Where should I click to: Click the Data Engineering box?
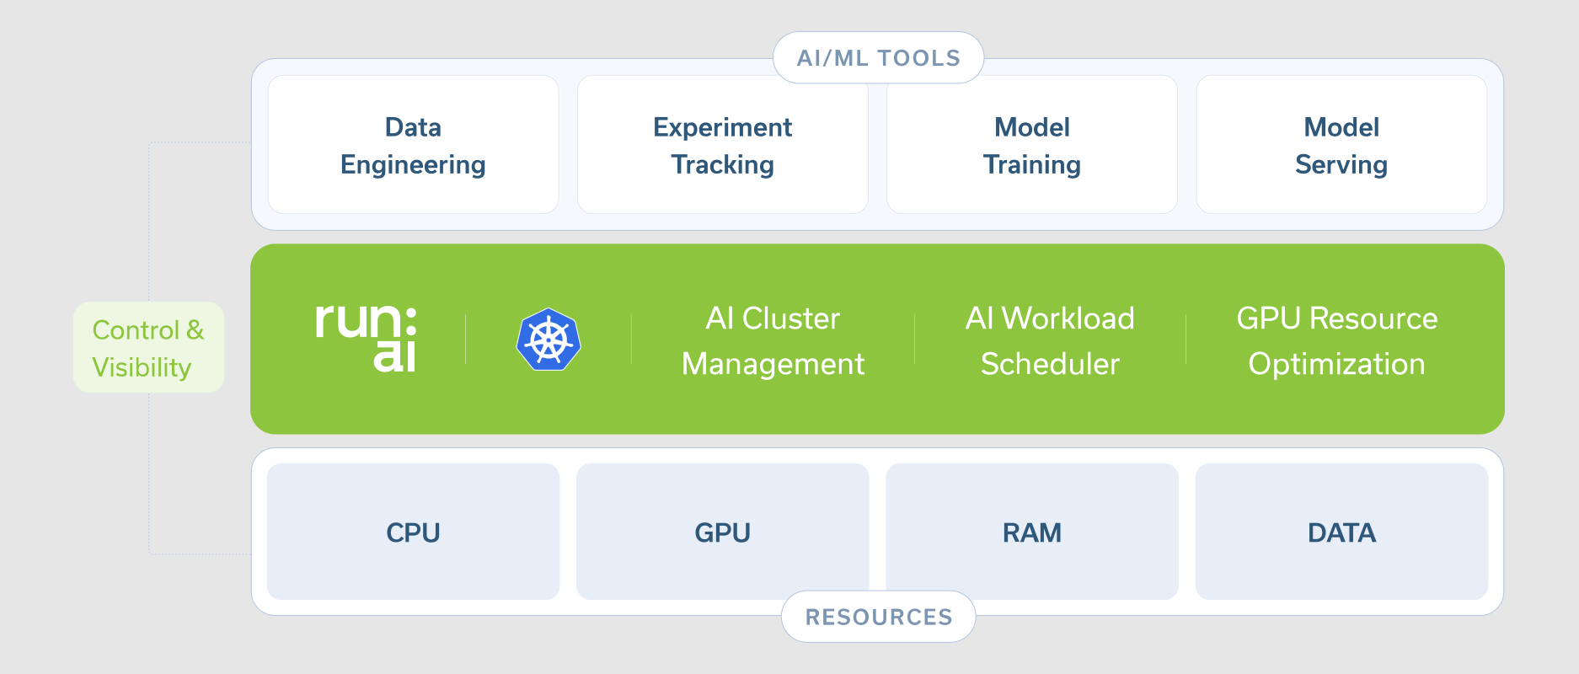click(x=413, y=144)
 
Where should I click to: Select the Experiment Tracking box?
click(x=722, y=144)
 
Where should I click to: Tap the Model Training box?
click(x=1032, y=144)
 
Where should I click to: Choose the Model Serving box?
click(x=1341, y=144)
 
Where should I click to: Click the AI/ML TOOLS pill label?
click(x=878, y=57)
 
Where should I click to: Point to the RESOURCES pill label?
click(x=878, y=617)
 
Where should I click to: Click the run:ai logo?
click(x=366, y=337)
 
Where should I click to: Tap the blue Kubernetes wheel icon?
click(x=549, y=339)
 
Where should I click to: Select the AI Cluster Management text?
click(x=773, y=340)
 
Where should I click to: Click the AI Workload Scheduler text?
click(x=1050, y=340)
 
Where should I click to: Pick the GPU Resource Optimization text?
click(x=1336, y=340)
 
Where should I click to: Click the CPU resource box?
click(x=413, y=532)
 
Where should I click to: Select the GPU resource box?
click(x=722, y=532)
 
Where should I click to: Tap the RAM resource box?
click(x=1032, y=532)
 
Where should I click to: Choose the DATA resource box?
click(x=1341, y=532)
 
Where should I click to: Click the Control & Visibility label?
click(x=148, y=347)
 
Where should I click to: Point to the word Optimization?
click(x=1336, y=364)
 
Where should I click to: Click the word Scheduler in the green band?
click(x=1050, y=364)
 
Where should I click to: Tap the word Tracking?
click(x=722, y=164)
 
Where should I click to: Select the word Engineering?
click(x=413, y=165)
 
